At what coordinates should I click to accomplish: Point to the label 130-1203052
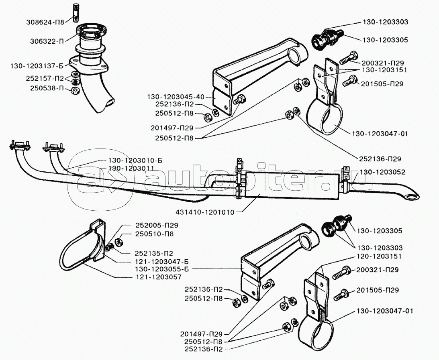383,172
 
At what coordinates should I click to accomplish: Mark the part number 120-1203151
379,256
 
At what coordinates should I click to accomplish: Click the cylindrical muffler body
289,188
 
